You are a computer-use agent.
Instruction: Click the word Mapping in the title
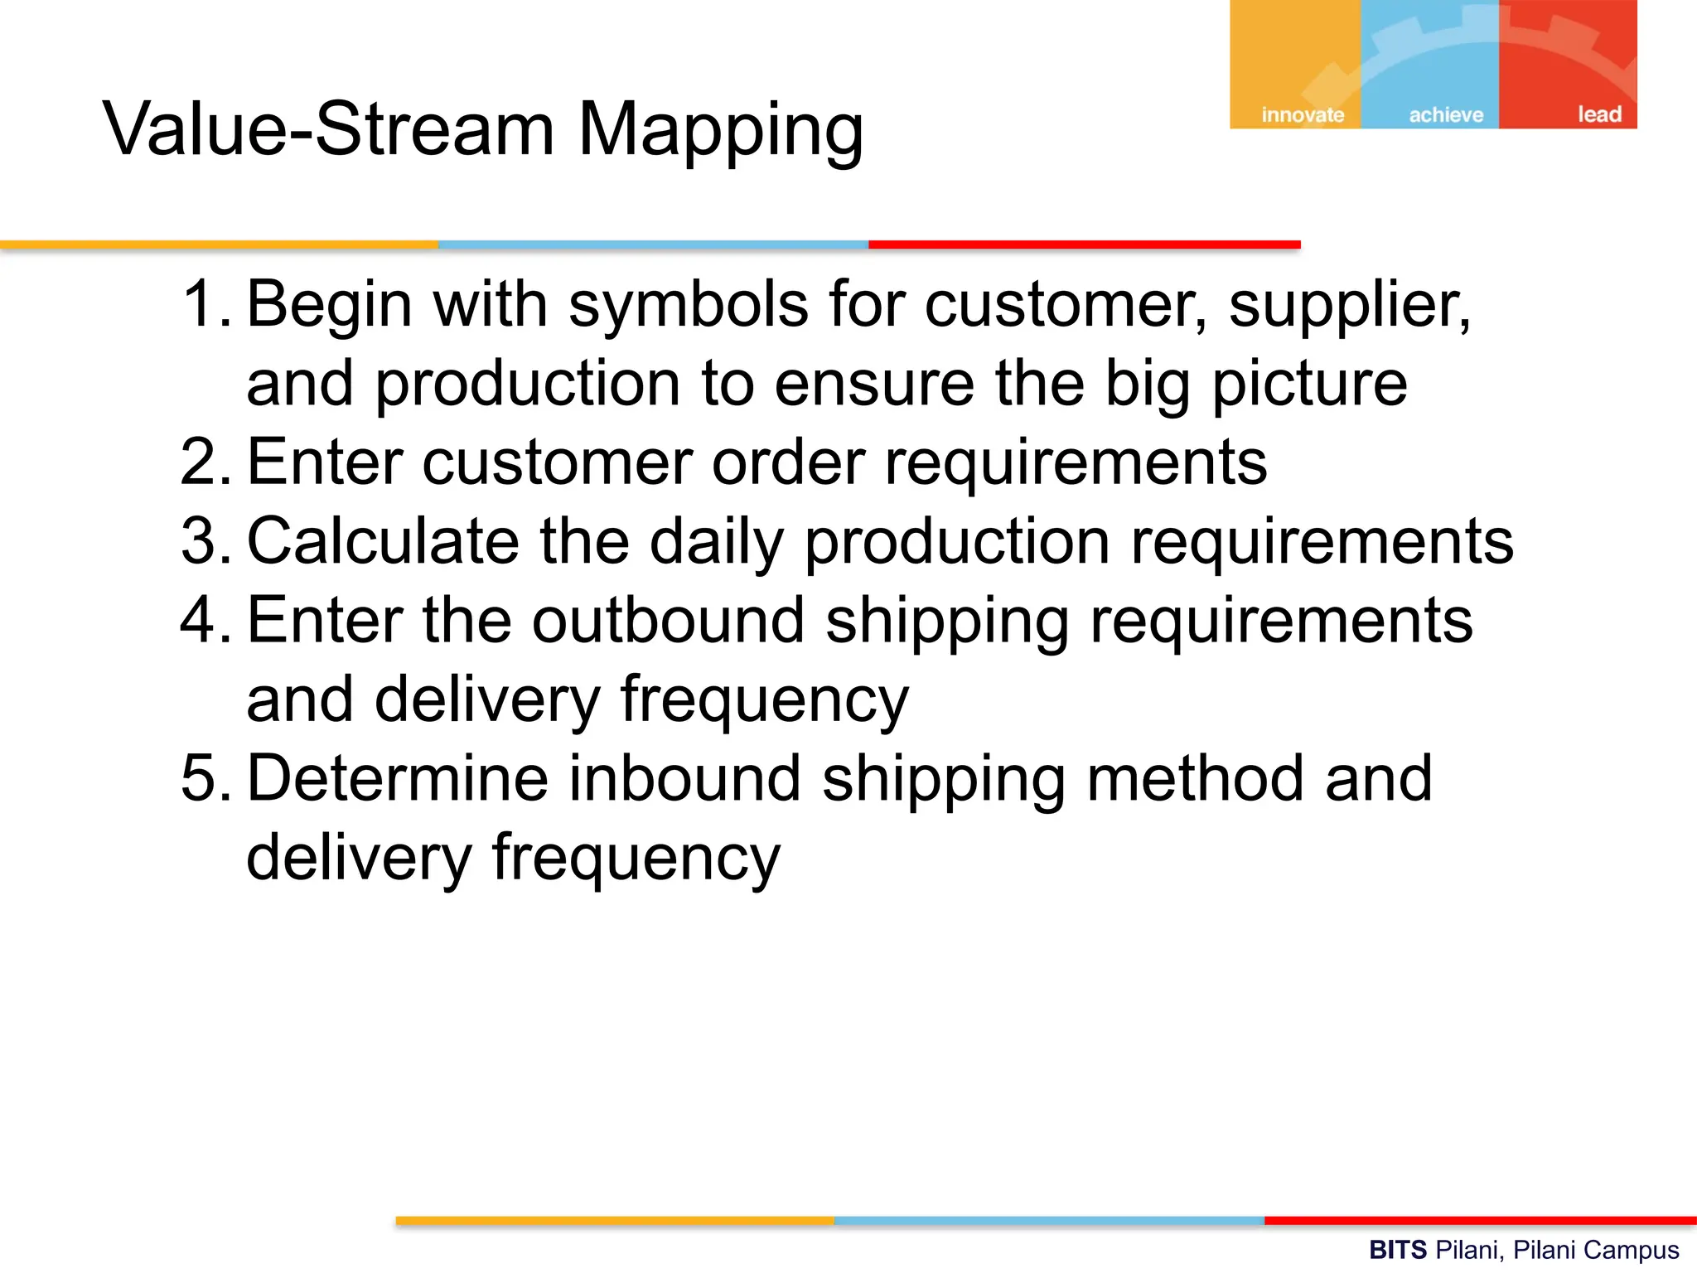[720, 131]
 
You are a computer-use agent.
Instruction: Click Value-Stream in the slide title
[328, 129]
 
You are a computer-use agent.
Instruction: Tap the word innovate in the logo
[1303, 114]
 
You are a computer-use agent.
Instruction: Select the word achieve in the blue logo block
[1446, 114]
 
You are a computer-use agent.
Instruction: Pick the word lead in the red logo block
[1599, 114]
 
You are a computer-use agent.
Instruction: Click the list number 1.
[203, 304]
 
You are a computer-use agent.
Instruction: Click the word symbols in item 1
[688, 305]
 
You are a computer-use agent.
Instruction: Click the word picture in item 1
[1309, 385]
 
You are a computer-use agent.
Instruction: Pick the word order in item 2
[788, 462]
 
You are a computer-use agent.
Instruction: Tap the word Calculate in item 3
[384, 541]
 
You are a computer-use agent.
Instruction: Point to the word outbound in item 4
[668, 620]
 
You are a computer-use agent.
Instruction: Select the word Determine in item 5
[398, 778]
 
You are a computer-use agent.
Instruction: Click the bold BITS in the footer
[1397, 1250]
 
